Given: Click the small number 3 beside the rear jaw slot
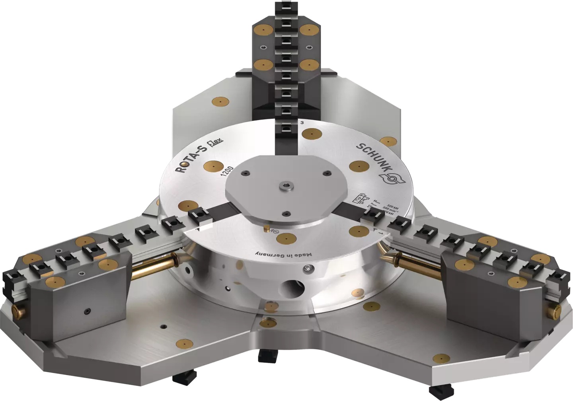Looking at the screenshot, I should pyautogui.click(x=302, y=123).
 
